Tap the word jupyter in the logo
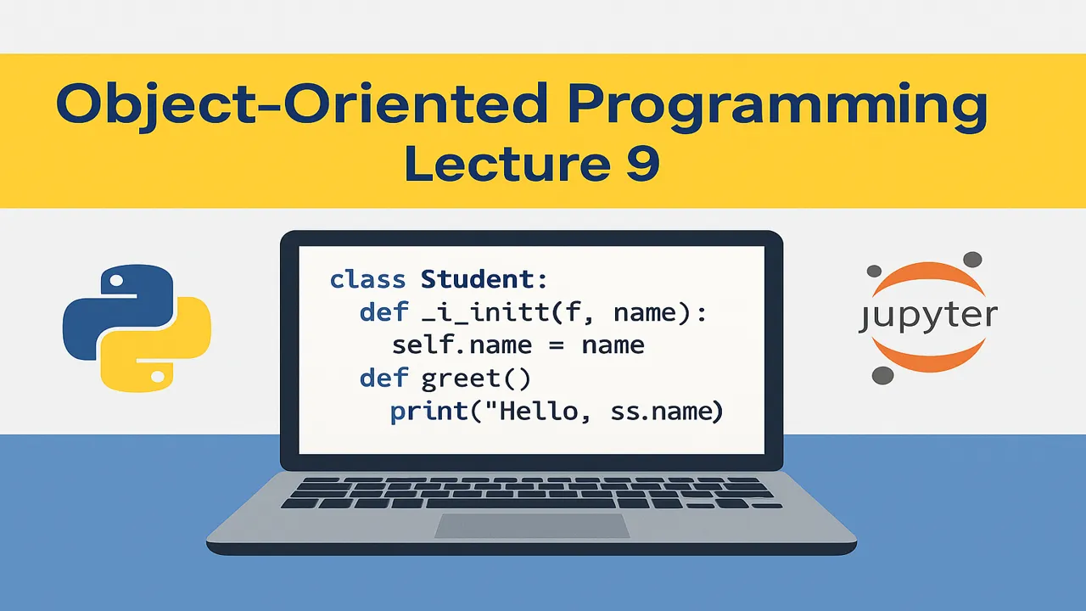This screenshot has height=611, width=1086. click(x=928, y=316)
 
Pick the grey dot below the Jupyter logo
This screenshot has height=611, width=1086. click(x=882, y=374)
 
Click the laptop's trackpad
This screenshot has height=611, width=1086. click(x=532, y=525)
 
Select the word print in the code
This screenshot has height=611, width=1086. click(x=428, y=412)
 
